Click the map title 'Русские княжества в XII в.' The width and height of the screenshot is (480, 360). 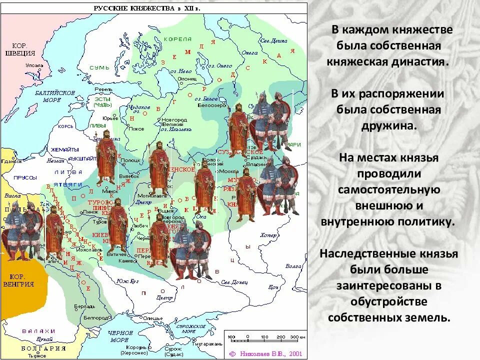pyautogui.click(x=148, y=8)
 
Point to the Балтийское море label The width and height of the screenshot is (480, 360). pyautogui.click(x=55, y=96)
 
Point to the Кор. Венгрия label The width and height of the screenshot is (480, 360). pyautogui.click(x=21, y=280)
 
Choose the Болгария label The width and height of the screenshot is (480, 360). pyautogui.click(x=44, y=348)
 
